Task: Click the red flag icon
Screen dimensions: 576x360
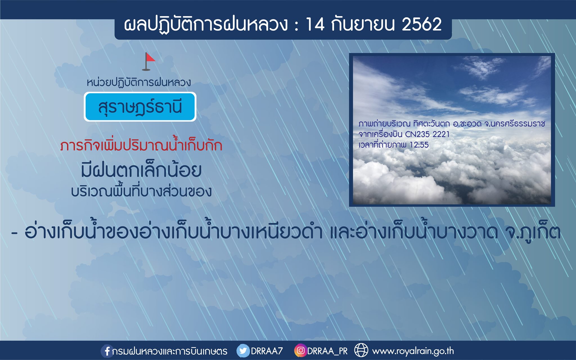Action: [x=149, y=61]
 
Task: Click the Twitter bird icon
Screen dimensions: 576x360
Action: [x=243, y=351]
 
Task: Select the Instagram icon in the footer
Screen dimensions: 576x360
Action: [x=300, y=351]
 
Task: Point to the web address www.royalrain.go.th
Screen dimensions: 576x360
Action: [x=413, y=351]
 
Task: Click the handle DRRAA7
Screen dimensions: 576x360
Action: [x=267, y=351]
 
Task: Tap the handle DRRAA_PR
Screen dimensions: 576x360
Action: [x=327, y=351]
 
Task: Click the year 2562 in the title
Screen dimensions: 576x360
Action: [x=422, y=24]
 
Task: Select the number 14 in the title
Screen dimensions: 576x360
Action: [x=315, y=24]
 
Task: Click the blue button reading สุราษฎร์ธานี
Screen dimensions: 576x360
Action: [x=140, y=107]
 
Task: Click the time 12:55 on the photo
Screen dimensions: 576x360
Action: [x=419, y=145]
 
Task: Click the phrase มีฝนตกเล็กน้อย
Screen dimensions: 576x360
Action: [x=141, y=170]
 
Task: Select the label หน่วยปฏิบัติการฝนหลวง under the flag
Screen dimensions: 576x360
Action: [x=139, y=83]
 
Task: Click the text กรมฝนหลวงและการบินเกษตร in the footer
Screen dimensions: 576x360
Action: [x=170, y=351]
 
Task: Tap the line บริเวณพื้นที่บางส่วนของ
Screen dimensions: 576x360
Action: [x=141, y=192]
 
